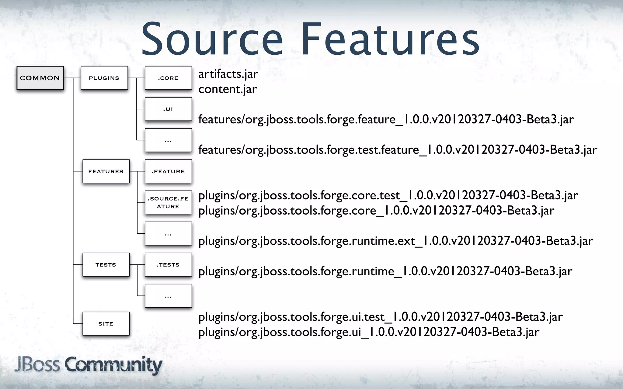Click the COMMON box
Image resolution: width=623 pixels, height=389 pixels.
[x=40, y=78]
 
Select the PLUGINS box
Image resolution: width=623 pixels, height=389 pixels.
[x=104, y=78]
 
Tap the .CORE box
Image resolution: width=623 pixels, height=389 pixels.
[x=168, y=78]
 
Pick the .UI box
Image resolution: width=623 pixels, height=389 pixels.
[x=168, y=109]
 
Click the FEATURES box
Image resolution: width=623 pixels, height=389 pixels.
[x=106, y=171]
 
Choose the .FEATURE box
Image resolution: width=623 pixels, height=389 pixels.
[x=168, y=171]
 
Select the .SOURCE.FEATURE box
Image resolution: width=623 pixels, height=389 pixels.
[x=168, y=202]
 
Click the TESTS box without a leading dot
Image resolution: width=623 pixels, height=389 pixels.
[x=106, y=264]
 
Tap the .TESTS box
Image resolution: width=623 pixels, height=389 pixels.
[x=168, y=264]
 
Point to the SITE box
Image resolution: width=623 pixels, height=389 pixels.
[x=106, y=324]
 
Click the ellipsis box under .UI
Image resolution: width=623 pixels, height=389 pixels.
[x=168, y=140]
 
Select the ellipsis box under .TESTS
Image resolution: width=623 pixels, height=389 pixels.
[x=168, y=296]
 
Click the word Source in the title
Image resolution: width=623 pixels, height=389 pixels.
[x=212, y=40]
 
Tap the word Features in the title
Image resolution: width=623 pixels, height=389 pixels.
[x=390, y=40]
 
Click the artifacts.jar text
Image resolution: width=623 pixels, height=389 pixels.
[x=228, y=74]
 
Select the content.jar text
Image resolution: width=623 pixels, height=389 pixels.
[x=228, y=89]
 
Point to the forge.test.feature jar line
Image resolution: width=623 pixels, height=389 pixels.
[x=397, y=150]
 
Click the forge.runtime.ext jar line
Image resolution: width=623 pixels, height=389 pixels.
[x=395, y=241]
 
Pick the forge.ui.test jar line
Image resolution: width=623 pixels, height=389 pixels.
[x=380, y=317]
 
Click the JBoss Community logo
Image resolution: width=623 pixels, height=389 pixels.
[x=88, y=365]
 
